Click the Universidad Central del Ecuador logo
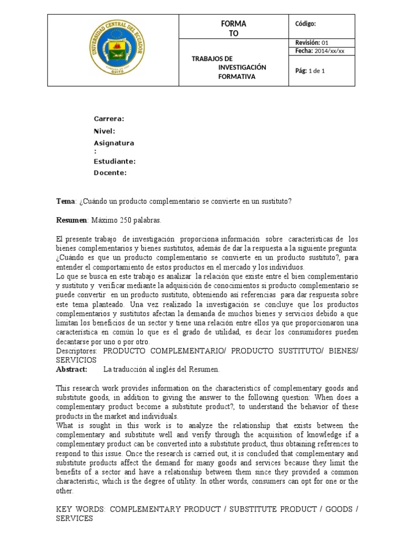[x=113, y=50]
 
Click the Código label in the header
[x=306, y=24]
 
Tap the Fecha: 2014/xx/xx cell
[x=319, y=51]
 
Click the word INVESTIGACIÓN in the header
[x=242, y=67]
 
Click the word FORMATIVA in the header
[x=237, y=77]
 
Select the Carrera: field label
[x=109, y=119]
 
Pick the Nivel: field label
[x=104, y=131]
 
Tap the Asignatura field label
[x=114, y=143]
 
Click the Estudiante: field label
[x=115, y=161]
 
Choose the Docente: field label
[x=110, y=173]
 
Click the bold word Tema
[x=65, y=201]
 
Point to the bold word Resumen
[x=71, y=219]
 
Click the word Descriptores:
[x=76, y=352]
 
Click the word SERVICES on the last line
[x=74, y=518]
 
